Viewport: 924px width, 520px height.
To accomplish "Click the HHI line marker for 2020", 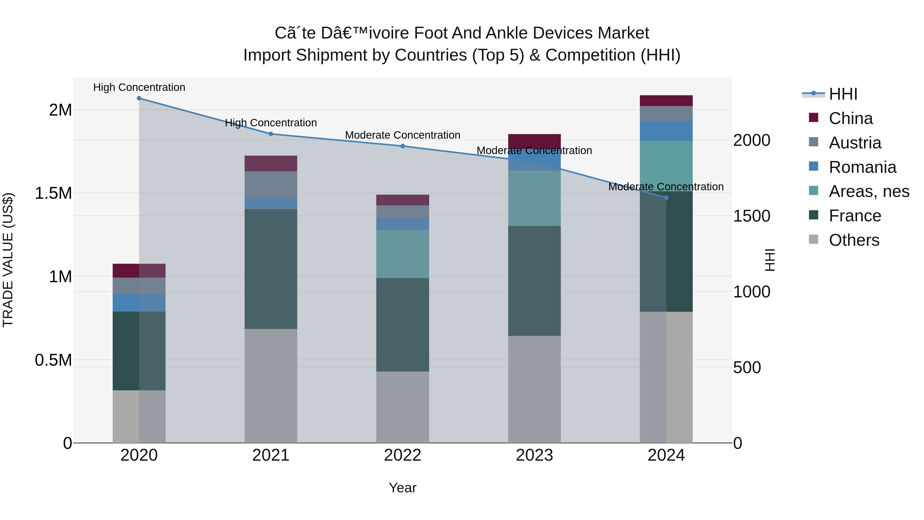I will [x=139, y=98].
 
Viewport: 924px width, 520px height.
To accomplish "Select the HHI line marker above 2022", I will [x=402, y=146].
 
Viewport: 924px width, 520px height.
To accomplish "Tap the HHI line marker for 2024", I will [x=666, y=198].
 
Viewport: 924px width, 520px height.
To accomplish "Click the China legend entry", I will [x=851, y=118].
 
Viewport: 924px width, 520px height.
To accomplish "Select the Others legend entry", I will [x=854, y=240].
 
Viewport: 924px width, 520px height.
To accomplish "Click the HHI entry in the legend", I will [x=843, y=94].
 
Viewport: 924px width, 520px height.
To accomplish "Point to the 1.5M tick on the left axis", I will [x=53, y=193].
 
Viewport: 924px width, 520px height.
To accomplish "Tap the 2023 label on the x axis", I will [x=534, y=455].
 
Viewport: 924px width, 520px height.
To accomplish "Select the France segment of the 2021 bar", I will [x=271, y=269].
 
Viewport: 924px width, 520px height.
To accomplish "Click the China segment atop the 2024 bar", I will [x=666, y=101].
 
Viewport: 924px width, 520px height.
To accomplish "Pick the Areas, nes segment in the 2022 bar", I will [x=402, y=254].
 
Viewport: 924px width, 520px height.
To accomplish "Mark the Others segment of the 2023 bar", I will [x=534, y=389].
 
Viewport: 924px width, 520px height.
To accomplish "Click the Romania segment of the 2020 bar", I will [x=139, y=302].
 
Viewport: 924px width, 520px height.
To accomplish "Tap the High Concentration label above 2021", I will [x=271, y=123].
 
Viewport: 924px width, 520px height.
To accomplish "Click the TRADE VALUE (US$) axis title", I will [x=8, y=260].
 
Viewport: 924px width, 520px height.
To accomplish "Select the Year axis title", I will [x=402, y=488].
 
